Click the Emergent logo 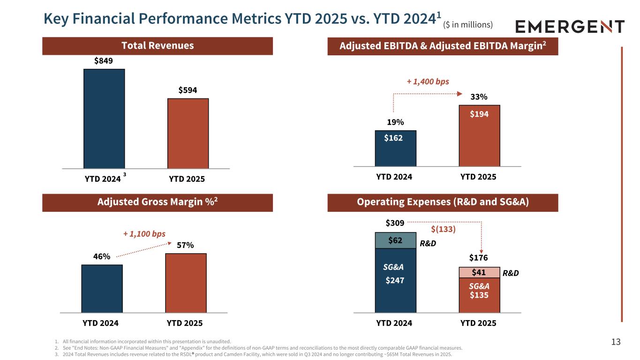pyautogui.click(x=570, y=27)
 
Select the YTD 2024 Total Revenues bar pyautogui.click(x=104, y=118)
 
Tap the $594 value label pyautogui.click(x=188, y=90)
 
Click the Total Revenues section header pyautogui.click(x=158, y=46)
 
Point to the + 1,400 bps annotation pyautogui.click(x=428, y=82)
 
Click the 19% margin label pyautogui.click(x=395, y=122)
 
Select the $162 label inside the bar pyautogui.click(x=393, y=138)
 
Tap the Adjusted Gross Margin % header pyautogui.click(x=158, y=202)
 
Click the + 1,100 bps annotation pyautogui.click(x=144, y=233)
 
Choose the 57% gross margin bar pyautogui.click(x=186, y=283)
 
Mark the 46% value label pyautogui.click(x=101, y=256)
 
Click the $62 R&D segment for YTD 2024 pyautogui.click(x=395, y=240)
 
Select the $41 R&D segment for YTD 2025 pyautogui.click(x=479, y=272)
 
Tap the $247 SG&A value pyautogui.click(x=394, y=281)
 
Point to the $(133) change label pyautogui.click(x=443, y=229)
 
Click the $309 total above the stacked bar pyautogui.click(x=394, y=223)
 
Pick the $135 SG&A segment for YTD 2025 pyautogui.click(x=479, y=295)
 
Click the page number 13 pyautogui.click(x=616, y=342)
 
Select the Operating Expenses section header pyautogui.click(x=443, y=202)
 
